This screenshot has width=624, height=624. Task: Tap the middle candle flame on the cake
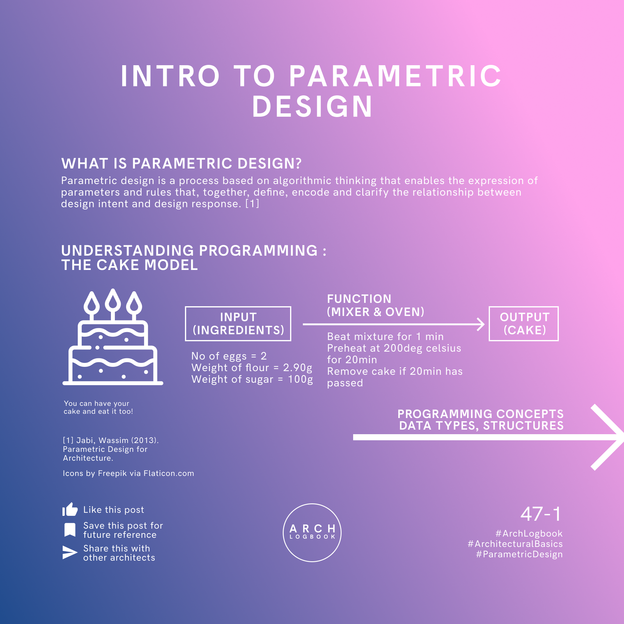click(113, 299)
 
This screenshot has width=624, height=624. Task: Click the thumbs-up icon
click(70, 509)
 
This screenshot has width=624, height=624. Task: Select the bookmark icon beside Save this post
click(70, 530)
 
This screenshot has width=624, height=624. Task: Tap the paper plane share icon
click(70, 552)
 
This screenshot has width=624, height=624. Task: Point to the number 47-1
click(541, 514)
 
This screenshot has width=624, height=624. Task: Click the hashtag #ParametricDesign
click(519, 554)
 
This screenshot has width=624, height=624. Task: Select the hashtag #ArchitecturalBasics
click(515, 544)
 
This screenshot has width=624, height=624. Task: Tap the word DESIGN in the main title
click(312, 106)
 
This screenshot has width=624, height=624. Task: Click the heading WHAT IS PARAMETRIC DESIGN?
click(181, 163)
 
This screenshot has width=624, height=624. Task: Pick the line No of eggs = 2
click(229, 356)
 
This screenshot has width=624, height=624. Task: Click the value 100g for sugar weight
click(300, 379)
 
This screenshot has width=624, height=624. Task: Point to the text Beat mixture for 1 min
click(385, 337)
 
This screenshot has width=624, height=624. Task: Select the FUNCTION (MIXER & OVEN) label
click(375, 305)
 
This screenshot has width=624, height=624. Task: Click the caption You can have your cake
click(98, 407)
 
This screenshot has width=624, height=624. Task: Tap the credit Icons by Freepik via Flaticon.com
click(128, 473)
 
